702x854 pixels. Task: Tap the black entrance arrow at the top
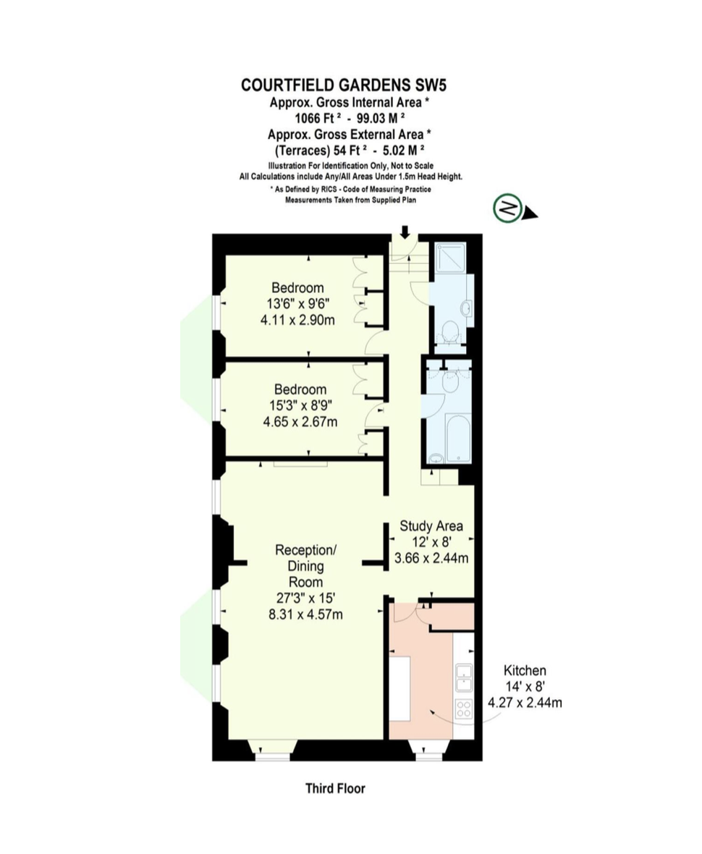405,232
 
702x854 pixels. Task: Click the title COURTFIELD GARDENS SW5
347,85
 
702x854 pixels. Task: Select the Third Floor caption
335,788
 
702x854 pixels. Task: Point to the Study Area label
431,526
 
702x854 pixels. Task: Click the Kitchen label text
525,670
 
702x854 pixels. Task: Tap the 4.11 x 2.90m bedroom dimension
298,320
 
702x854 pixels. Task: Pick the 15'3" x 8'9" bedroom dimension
300,405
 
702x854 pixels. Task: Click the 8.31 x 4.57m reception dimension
305,614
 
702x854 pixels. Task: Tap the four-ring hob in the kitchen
463,709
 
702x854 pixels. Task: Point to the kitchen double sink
464,677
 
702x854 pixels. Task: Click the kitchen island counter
400,688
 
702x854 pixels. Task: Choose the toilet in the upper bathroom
450,333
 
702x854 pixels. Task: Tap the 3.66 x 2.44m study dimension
431,558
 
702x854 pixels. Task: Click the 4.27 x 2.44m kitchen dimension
525,702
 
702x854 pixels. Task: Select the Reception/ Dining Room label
305,566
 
